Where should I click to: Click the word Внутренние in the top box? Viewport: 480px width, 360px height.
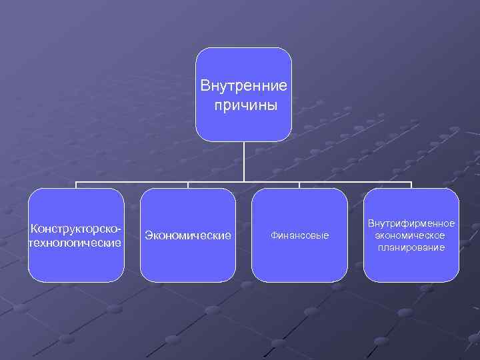(x=244, y=87)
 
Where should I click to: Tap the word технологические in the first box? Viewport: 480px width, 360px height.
(x=75, y=243)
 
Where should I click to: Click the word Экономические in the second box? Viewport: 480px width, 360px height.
(x=188, y=235)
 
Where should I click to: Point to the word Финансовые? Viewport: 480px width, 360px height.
(x=300, y=236)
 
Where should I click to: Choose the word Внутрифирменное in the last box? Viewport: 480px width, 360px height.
(x=412, y=224)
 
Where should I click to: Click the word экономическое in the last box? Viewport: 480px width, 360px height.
(x=411, y=235)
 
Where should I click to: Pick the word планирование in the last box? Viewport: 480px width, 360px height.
(x=411, y=247)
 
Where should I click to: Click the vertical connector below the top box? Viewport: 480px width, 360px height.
(x=243, y=161)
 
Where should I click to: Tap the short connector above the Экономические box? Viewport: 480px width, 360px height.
(x=187, y=185)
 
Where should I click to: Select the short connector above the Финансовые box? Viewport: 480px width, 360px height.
(x=299, y=185)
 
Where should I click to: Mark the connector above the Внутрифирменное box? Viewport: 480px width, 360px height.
(x=411, y=185)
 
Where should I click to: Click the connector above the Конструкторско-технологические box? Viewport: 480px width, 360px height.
(x=76, y=185)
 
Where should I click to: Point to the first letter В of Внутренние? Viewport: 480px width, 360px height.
(x=205, y=87)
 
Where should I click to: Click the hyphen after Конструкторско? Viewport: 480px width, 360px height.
(x=122, y=229)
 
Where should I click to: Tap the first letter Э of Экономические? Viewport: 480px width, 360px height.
(x=149, y=235)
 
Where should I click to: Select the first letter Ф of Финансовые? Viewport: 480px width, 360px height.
(x=273, y=236)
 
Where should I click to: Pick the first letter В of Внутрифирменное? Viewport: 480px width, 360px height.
(x=371, y=224)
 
